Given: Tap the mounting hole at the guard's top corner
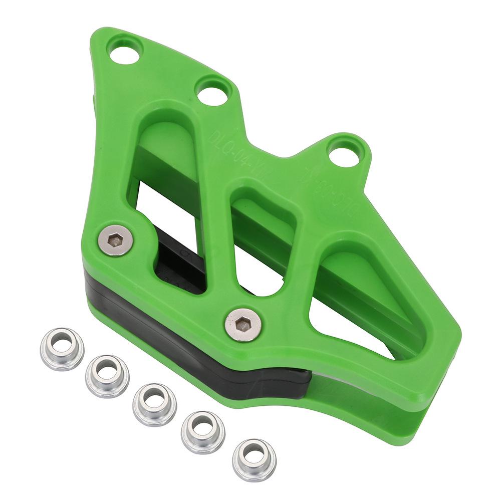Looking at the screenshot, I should [x=124, y=52].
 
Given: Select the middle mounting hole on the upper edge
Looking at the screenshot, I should [x=210, y=92].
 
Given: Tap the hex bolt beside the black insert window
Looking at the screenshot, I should [x=115, y=240].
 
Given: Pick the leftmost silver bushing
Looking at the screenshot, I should [x=62, y=348].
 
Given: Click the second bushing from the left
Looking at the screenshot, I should [x=107, y=376].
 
